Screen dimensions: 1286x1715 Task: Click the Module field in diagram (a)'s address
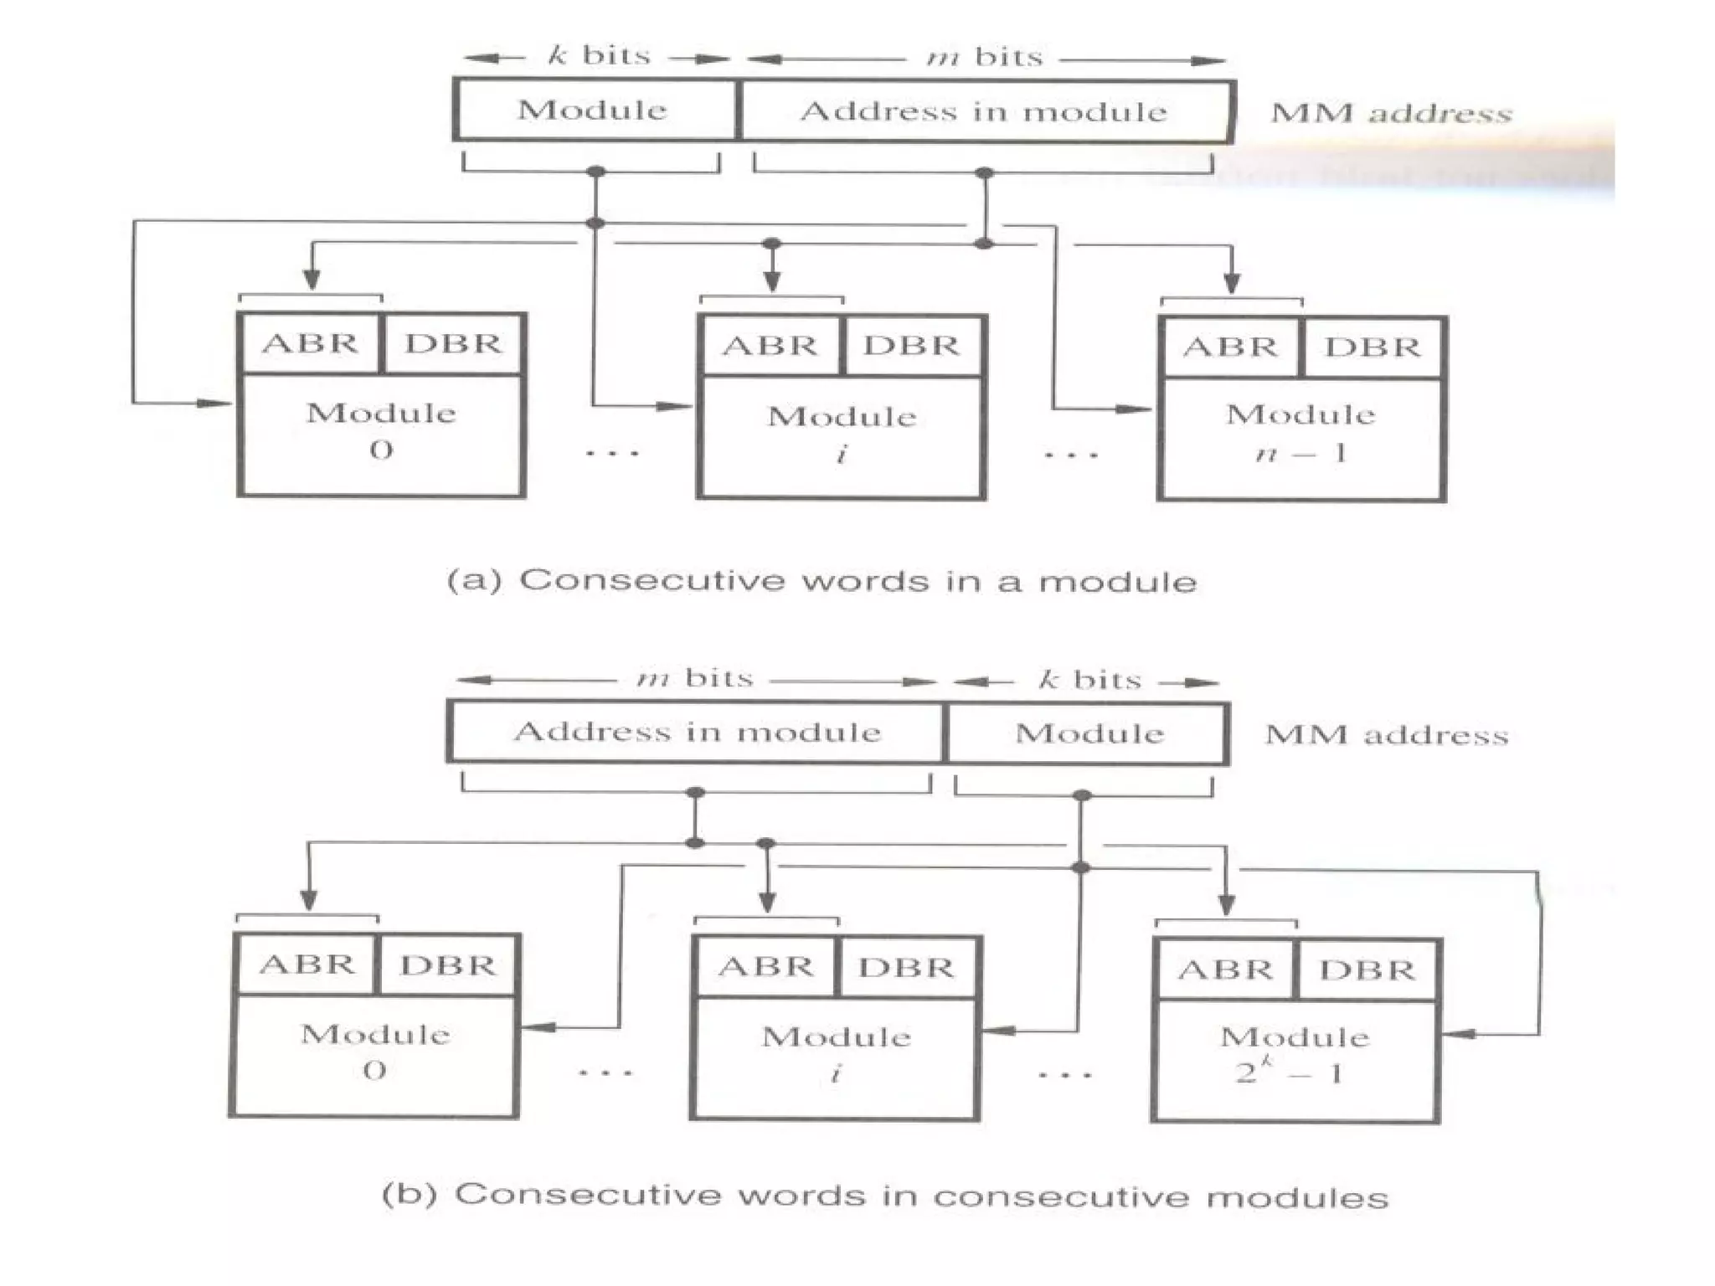tap(594, 110)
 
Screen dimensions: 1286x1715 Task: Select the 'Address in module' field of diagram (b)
tap(697, 733)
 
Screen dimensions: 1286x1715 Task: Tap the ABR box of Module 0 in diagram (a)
tap(310, 343)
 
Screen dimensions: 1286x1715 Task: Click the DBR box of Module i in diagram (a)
tap(912, 346)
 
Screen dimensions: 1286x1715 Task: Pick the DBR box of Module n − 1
tap(1373, 347)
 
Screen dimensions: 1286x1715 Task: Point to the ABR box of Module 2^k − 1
tap(1225, 970)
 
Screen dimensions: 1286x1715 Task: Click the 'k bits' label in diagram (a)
tap(600, 56)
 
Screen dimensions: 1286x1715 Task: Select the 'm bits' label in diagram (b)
tap(695, 677)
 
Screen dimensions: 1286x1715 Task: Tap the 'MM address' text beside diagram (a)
tap(1391, 113)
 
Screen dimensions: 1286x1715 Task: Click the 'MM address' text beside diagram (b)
tap(1387, 735)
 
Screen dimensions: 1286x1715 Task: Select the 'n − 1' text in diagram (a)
tap(1300, 454)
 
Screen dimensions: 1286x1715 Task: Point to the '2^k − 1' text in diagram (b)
tap(1290, 1072)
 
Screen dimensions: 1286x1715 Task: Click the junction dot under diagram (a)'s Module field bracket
tap(595, 172)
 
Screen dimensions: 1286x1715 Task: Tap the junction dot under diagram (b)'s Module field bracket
tap(1082, 795)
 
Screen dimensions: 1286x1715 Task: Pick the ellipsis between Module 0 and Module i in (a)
tap(612, 454)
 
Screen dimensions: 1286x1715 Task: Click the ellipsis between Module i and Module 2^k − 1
tap(1065, 1074)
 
